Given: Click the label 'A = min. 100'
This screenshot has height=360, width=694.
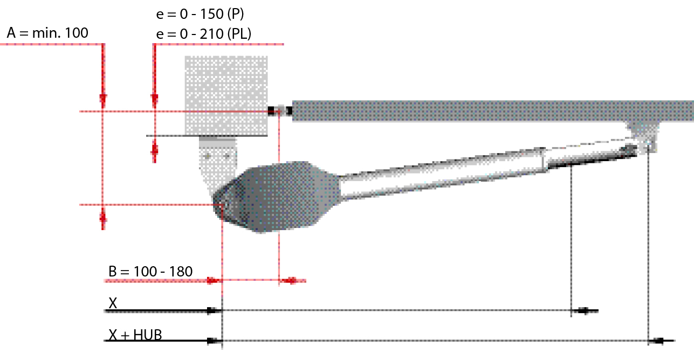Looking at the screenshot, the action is coord(47,33).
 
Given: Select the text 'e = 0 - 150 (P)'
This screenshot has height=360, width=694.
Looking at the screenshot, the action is coord(200,14).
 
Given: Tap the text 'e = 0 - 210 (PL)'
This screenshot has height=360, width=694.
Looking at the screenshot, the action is coord(203,34).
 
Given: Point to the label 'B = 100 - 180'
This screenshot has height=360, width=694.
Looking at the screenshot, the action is coord(150,272).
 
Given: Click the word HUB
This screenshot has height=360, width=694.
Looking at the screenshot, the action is coord(148,335).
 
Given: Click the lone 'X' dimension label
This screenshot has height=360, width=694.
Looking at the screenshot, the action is coord(113,303).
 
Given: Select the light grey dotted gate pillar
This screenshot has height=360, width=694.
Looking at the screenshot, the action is coord(226,95).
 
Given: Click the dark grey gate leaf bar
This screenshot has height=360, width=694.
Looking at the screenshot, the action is coord(493,111).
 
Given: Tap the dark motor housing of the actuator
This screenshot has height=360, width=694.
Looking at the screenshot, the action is coord(276,197).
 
